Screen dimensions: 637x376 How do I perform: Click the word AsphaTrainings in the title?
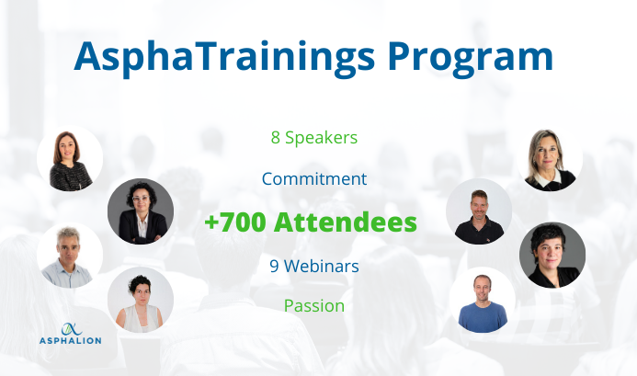(x=224, y=58)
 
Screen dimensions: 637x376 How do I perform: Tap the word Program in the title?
(x=471, y=59)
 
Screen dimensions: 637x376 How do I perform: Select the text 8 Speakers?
(x=314, y=138)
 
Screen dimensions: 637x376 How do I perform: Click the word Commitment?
(x=314, y=179)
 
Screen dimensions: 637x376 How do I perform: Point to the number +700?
(x=234, y=222)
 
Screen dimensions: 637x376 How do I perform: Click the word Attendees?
(x=346, y=222)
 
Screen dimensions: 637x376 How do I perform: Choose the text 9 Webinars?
(x=314, y=267)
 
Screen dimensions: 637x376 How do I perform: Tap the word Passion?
(x=314, y=306)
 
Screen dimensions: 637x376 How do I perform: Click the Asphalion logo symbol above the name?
(x=71, y=329)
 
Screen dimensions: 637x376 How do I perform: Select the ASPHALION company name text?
(x=70, y=341)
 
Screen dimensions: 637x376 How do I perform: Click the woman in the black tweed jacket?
(x=70, y=158)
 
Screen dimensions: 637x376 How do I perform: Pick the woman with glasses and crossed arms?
(x=141, y=211)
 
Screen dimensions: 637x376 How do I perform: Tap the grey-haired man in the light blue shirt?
(x=70, y=256)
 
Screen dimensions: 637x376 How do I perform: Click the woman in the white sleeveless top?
(x=141, y=300)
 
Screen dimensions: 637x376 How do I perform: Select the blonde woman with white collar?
(x=550, y=158)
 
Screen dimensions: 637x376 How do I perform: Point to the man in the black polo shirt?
(x=479, y=211)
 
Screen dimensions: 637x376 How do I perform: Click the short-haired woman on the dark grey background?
(x=552, y=255)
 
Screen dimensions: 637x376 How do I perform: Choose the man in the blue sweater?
(x=483, y=300)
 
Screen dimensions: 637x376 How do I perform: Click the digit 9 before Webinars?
(x=274, y=267)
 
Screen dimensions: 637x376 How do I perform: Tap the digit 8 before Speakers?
(x=276, y=138)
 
